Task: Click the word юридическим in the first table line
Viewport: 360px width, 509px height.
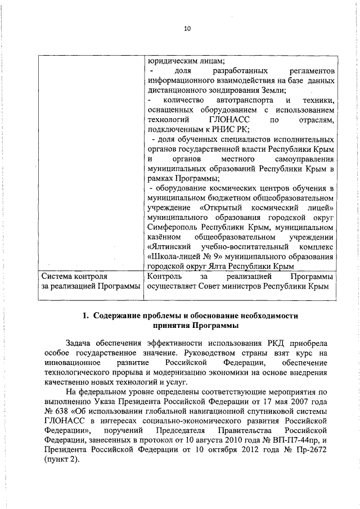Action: (x=169, y=61)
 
